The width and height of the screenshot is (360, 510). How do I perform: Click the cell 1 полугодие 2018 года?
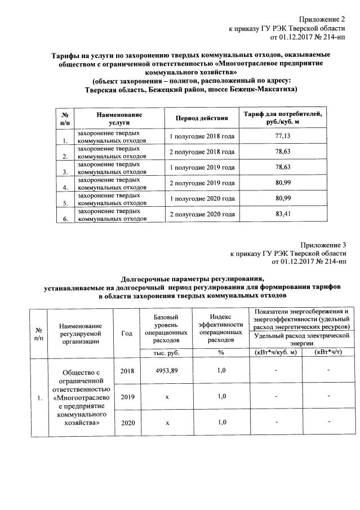(202, 136)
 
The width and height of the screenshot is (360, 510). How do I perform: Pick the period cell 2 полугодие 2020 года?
(202, 215)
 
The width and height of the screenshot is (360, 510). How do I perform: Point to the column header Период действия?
(202, 118)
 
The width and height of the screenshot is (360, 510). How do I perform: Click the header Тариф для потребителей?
(282, 114)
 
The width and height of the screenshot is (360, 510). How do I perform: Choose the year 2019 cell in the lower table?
(127, 397)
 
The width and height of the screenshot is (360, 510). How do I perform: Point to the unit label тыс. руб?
(167, 352)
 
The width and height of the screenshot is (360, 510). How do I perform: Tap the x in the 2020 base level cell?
(167, 422)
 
